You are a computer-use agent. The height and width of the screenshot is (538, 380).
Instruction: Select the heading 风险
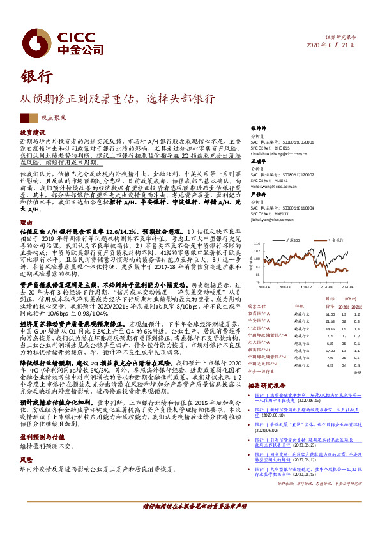(x=25, y=441)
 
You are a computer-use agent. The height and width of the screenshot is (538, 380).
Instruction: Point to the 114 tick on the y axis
(x=257, y=243)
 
